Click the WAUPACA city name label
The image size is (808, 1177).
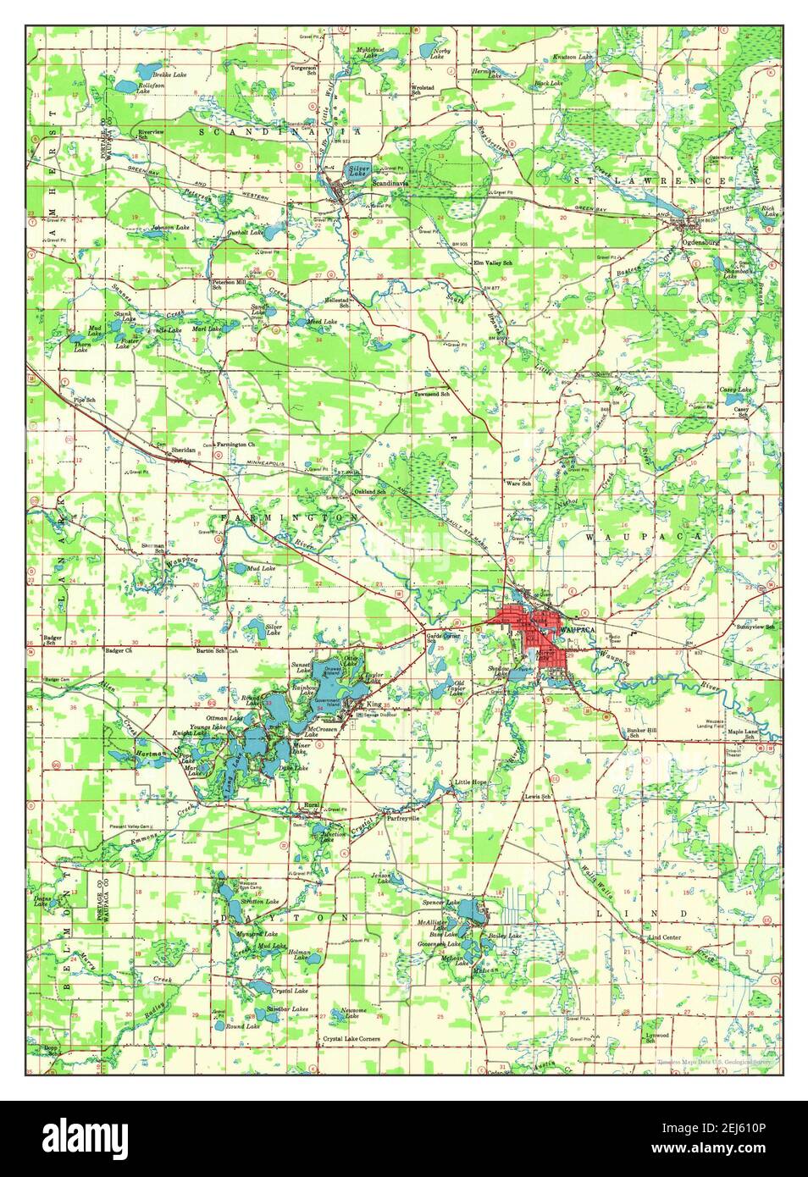[x=578, y=632]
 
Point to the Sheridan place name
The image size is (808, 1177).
[x=184, y=450]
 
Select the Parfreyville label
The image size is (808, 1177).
[x=403, y=819]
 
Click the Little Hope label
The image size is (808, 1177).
[x=471, y=782]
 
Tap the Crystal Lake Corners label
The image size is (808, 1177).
[x=351, y=1039]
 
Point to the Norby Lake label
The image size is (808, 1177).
[x=441, y=53]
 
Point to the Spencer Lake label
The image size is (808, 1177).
[x=440, y=903]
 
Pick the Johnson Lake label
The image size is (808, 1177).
[x=169, y=228]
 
